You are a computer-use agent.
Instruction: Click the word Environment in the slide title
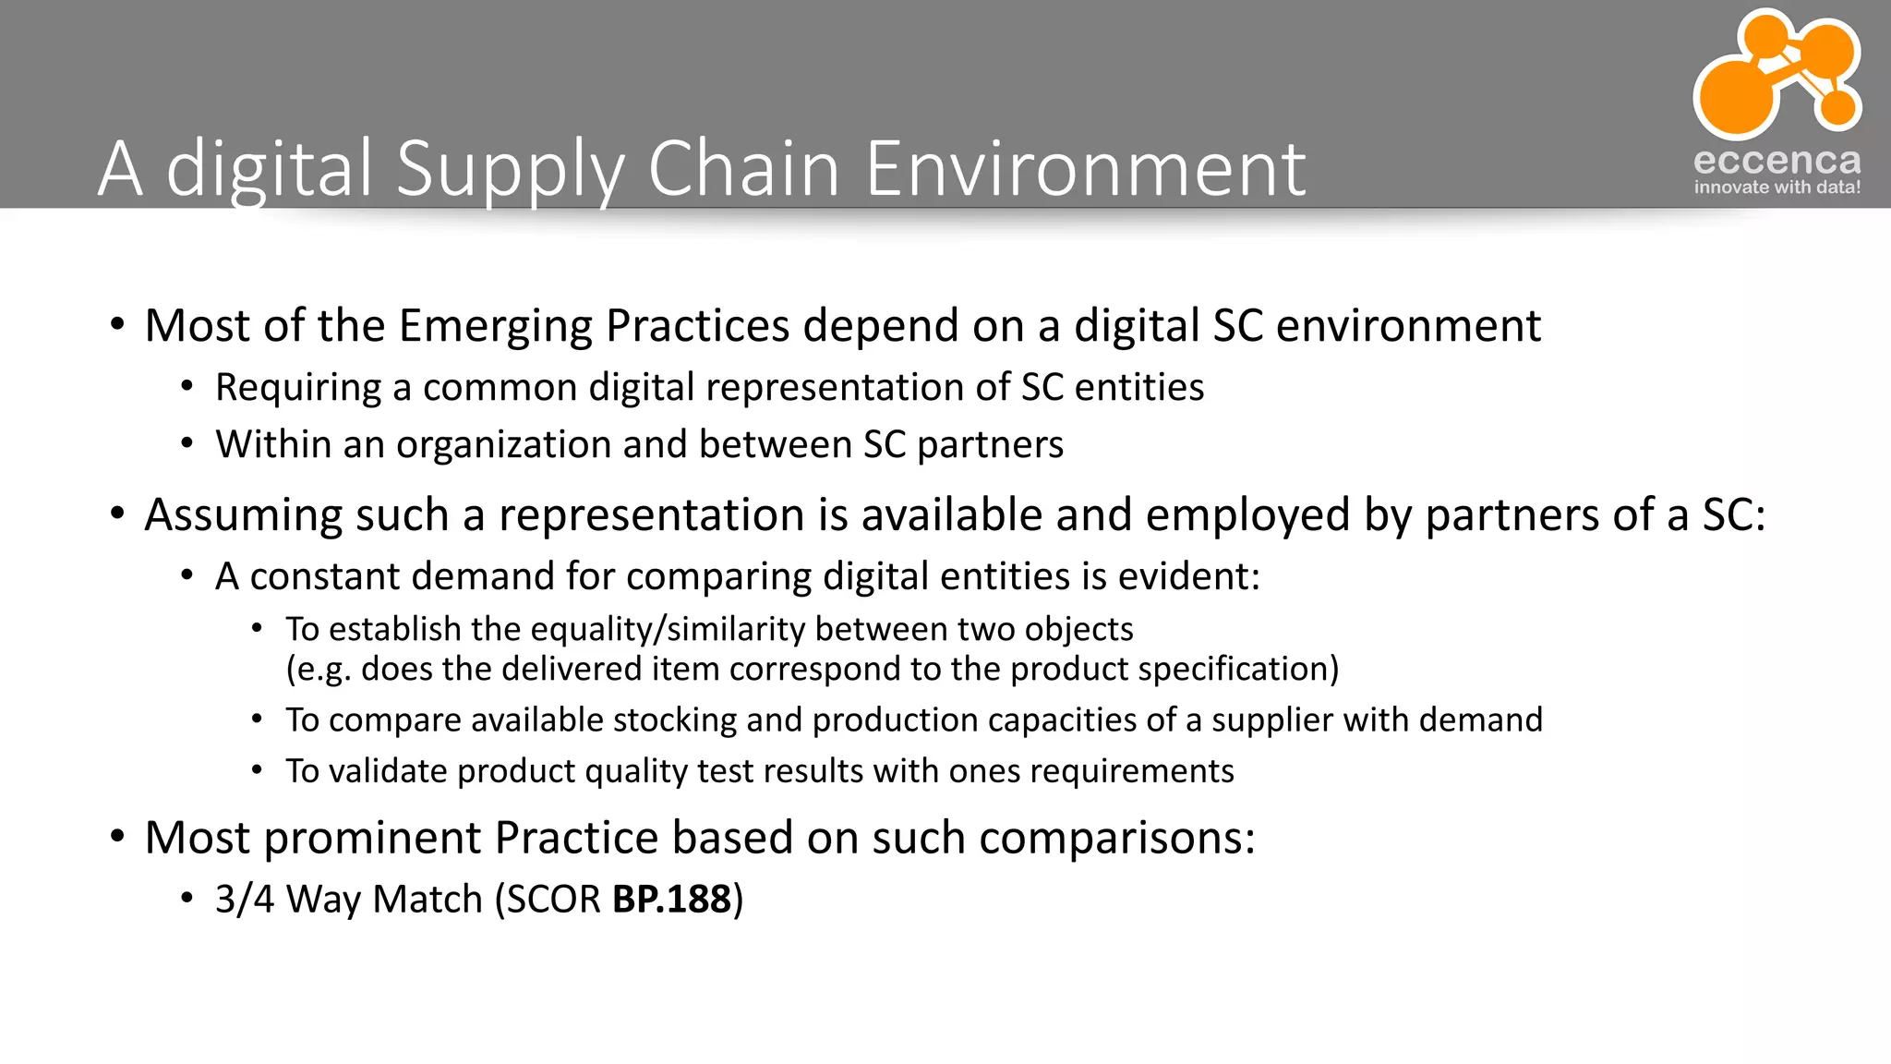pos(1085,168)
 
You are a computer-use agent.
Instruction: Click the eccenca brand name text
pos(1777,161)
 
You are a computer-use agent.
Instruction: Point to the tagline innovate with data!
pos(1777,187)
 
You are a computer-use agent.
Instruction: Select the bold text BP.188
pos(671,900)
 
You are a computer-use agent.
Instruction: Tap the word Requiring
pos(298,388)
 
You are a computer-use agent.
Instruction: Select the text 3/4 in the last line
pos(245,900)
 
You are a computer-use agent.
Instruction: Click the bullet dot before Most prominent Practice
pos(117,837)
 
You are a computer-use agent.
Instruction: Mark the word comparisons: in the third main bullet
pos(1116,839)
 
